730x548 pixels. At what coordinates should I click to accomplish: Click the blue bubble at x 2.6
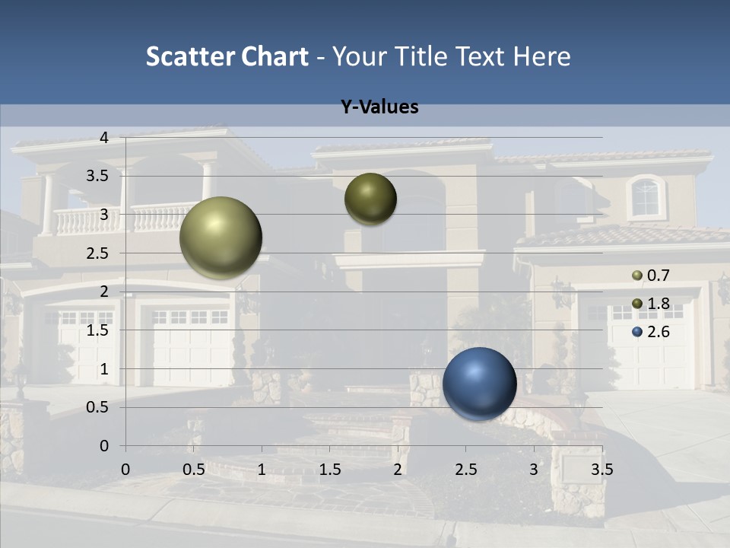479,383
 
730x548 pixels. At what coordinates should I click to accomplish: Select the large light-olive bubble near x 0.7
221,237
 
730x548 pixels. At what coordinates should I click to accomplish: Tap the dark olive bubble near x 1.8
370,199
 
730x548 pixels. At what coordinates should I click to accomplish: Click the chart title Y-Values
379,107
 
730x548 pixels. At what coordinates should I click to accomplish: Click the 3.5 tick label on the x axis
601,470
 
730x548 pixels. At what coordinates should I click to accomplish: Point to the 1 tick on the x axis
262,470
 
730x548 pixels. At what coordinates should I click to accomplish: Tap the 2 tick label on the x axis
398,470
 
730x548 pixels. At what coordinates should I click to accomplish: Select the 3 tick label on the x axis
534,470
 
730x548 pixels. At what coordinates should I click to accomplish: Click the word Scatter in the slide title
190,56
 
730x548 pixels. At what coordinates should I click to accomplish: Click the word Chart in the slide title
275,56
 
